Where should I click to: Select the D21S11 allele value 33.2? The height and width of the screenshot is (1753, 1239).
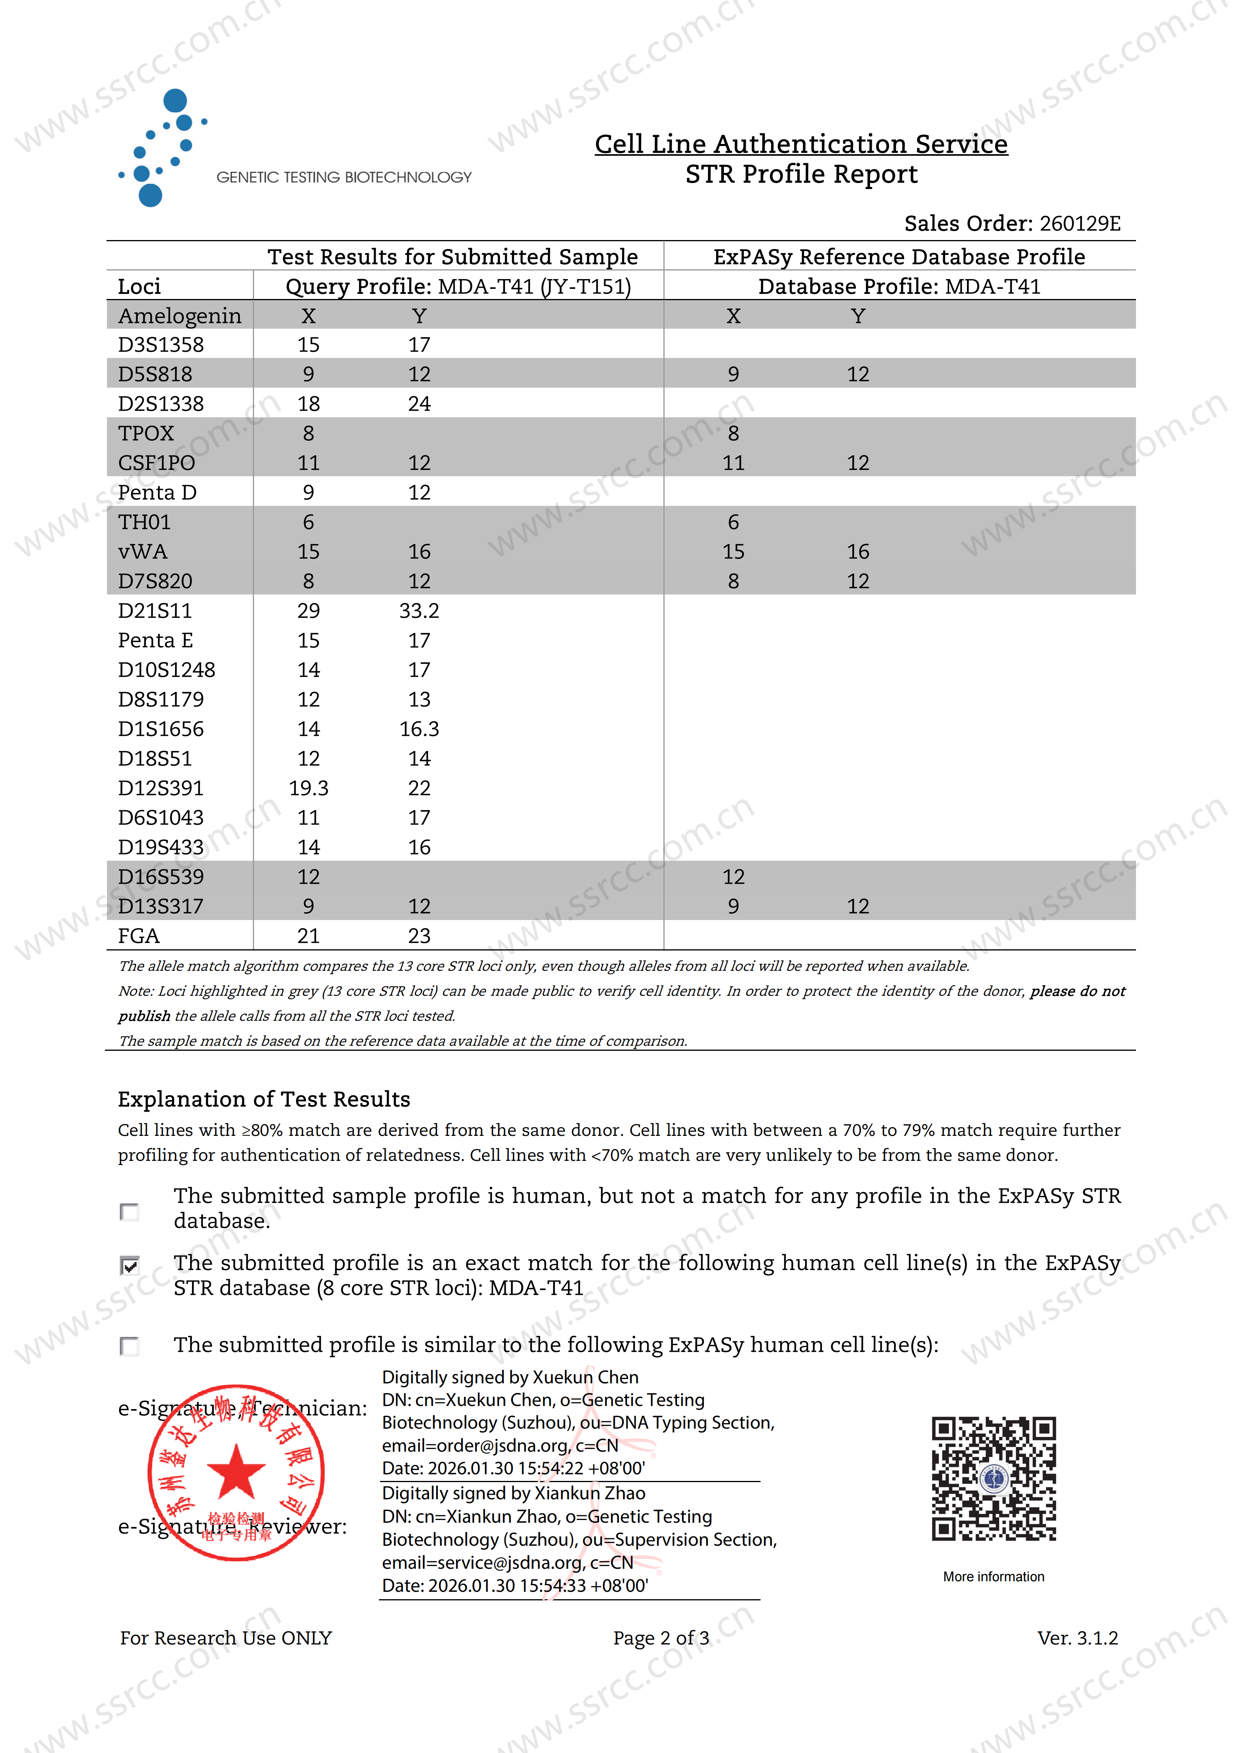[x=419, y=611]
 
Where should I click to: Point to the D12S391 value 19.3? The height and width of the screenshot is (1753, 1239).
[x=308, y=788]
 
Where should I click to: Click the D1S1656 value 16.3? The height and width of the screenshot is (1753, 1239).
[x=419, y=729]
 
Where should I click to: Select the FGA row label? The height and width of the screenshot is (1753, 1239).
[x=139, y=936]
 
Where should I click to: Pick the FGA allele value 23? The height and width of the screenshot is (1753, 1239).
[x=419, y=936]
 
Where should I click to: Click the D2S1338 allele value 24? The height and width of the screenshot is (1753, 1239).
[x=419, y=404]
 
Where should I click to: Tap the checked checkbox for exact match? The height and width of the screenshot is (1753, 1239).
[x=130, y=1266]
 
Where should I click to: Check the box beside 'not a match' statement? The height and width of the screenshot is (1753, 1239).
[x=130, y=1212]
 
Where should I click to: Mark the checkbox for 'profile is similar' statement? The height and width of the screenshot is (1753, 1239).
[x=130, y=1345]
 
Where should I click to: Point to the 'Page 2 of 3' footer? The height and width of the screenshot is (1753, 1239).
[x=661, y=1638]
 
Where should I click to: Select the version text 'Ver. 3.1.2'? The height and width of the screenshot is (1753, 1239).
[x=1077, y=1638]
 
